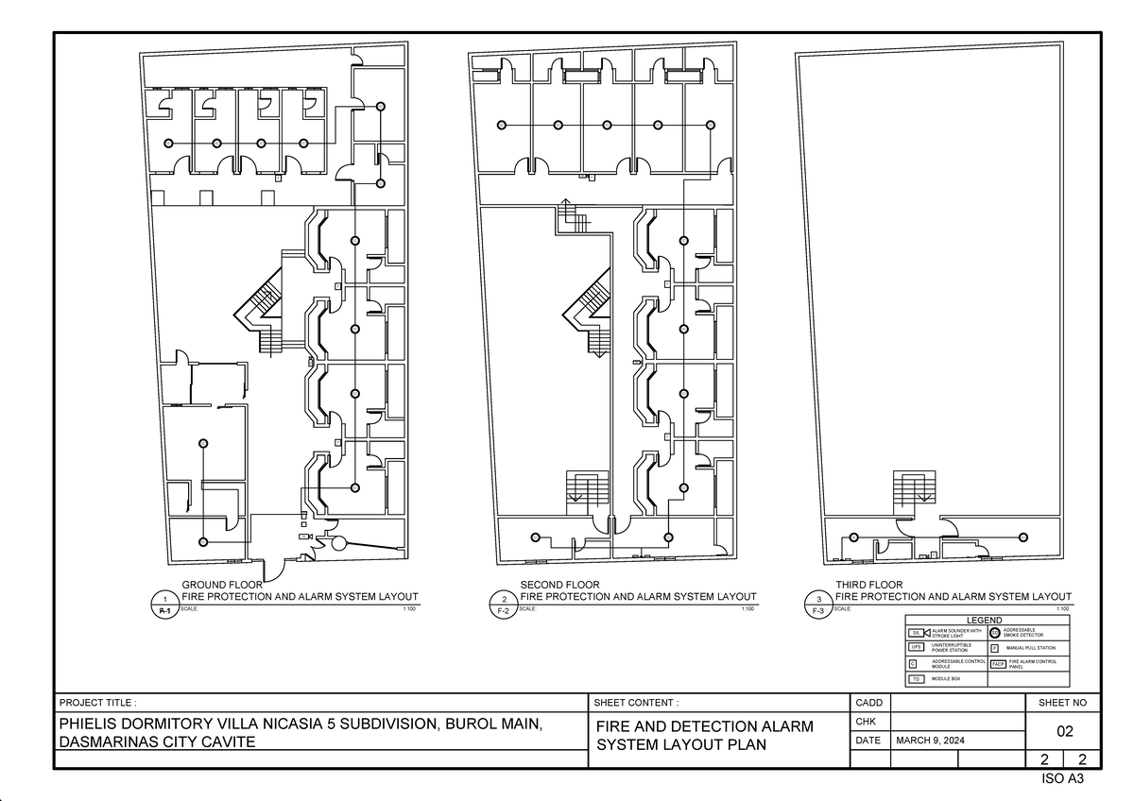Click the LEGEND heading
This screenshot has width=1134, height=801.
[988, 619]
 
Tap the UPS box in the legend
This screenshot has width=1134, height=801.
[916, 648]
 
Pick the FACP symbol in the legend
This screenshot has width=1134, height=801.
[997, 664]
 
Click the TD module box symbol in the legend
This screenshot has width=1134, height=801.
[916, 679]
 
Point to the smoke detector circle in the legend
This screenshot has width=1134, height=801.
[994, 632]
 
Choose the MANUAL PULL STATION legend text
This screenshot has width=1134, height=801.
[1030, 648]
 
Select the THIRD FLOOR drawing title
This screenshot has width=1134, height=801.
[868, 585]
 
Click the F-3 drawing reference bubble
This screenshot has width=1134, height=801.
[818, 605]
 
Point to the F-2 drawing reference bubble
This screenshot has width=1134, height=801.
[504, 605]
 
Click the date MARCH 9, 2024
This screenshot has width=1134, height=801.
[931, 741]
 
